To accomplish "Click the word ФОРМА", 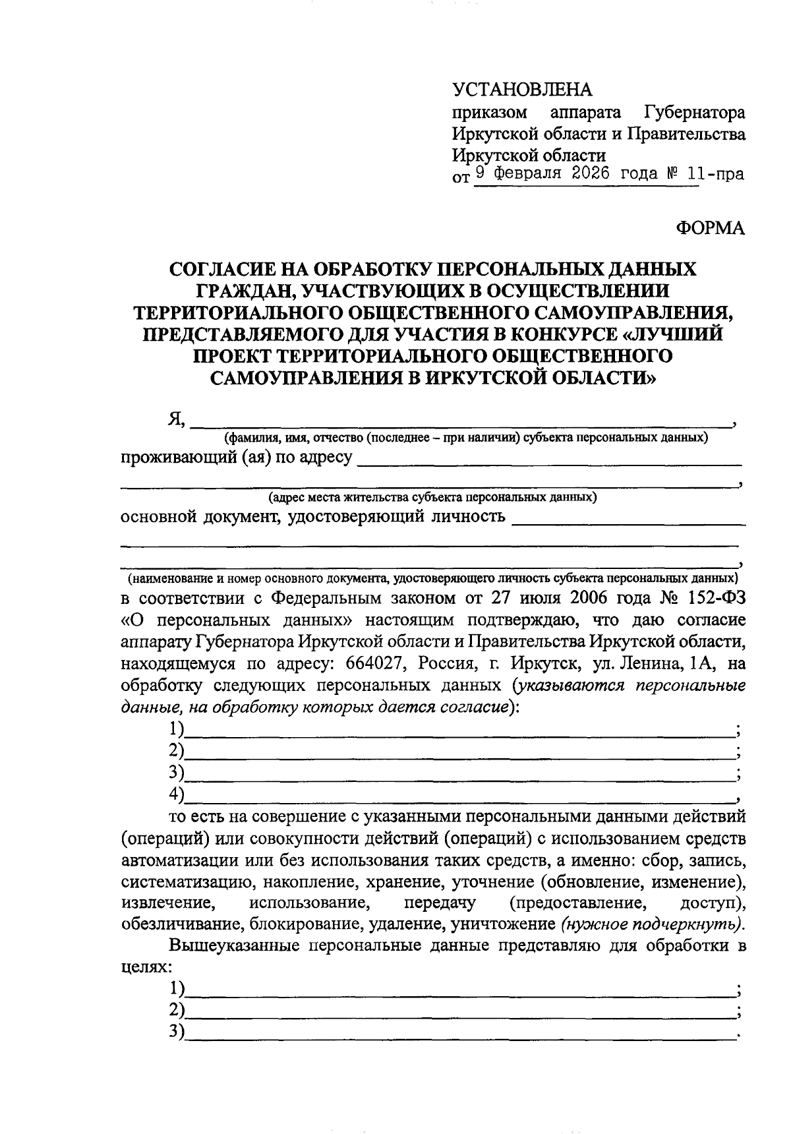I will click(711, 228).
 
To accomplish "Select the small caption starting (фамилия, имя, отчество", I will click(465, 438).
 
